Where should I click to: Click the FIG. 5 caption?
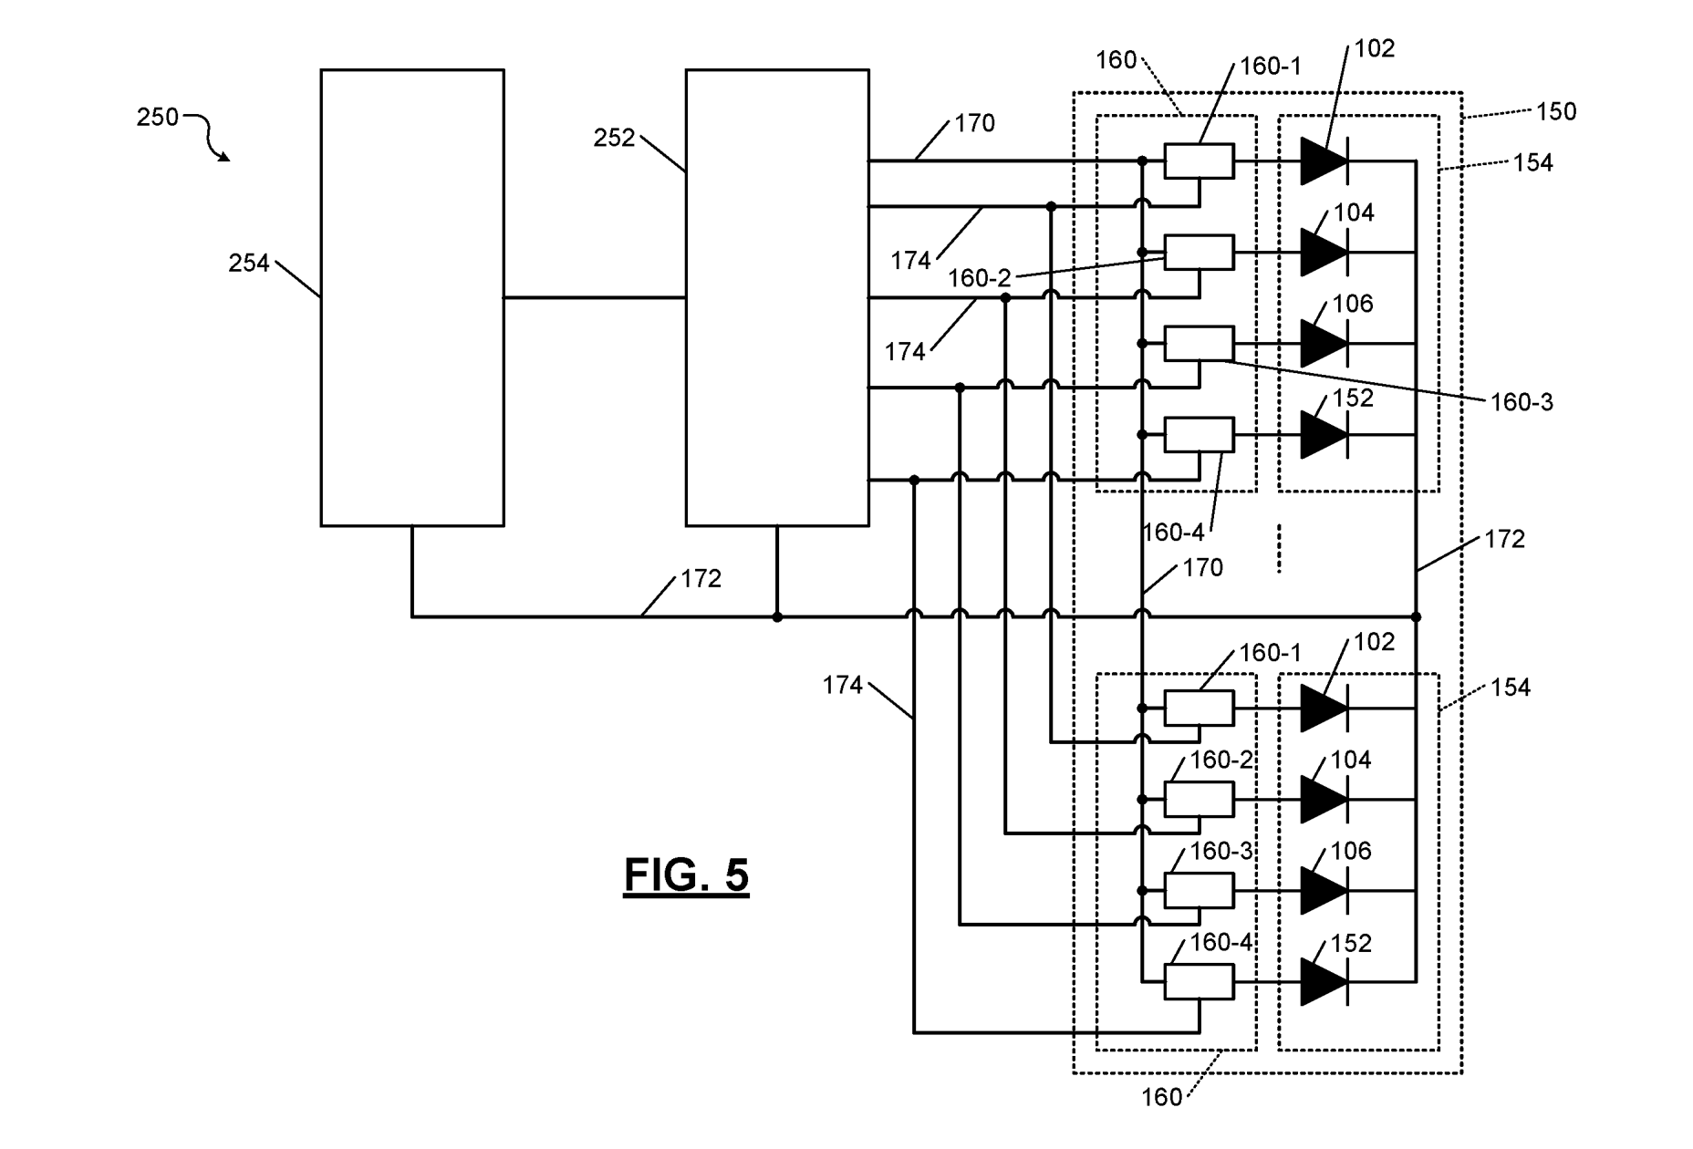[x=686, y=875]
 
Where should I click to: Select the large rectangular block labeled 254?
[x=412, y=297]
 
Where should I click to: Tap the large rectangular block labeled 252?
[x=777, y=297]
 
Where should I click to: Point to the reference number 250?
[x=158, y=118]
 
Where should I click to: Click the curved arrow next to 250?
[x=208, y=137]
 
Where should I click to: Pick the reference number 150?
[x=1556, y=111]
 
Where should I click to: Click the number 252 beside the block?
[x=614, y=138]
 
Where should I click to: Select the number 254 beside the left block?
[x=249, y=264]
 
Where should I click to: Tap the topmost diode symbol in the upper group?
[x=1324, y=161]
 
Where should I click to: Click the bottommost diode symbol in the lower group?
[x=1324, y=982]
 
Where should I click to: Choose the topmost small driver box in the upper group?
[x=1200, y=161]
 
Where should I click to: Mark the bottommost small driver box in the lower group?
[x=1200, y=982]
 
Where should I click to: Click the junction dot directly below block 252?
[x=777, y=617]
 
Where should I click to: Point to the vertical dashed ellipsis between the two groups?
[x=1279, y=548]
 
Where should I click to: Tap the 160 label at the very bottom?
[x=1161, y=1097]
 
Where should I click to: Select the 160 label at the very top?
[x=1116, y=60]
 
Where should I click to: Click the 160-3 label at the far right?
[x=1522, y=402]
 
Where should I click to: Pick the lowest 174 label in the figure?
[x=842, y=685]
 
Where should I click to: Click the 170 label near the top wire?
[x=974, y=123]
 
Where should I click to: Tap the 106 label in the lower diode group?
[x=1351, y=851]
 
